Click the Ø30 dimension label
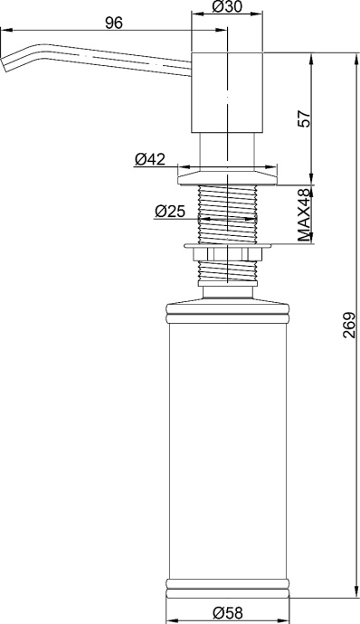tap(227, 6)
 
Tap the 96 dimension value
tap(114, 24)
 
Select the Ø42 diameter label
tap(150, 159)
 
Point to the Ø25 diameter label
tap(170, 212)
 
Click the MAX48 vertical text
tap(304, 215)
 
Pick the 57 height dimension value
tap(304, 118)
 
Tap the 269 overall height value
tap(349, 326)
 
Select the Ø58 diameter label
tap(227, 612)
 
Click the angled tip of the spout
tap(5, 63)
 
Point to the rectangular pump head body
tap(227, 92)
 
